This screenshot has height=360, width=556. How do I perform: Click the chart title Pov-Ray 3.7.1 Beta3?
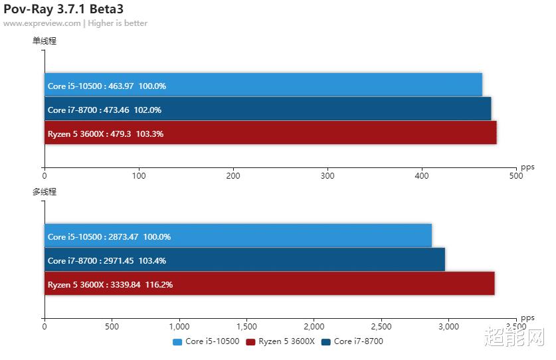(63, 9)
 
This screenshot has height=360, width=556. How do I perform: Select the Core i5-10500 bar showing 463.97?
(263, 86)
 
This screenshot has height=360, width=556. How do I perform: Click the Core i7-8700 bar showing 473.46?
(268, 110)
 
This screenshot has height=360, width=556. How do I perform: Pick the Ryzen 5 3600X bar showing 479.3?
(270, 134)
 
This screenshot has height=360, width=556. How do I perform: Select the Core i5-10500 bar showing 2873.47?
(238, 236)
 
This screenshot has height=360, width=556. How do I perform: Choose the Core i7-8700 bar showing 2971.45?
(244, 260)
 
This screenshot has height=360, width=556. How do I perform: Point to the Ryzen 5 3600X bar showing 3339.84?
(269, 284)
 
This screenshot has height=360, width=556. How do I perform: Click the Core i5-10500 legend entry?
(206, 341)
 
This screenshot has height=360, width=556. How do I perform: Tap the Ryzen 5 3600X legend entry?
(280, 341)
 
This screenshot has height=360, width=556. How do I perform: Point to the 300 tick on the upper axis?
(327, 176)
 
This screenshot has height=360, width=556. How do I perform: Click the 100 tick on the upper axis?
(139, 176)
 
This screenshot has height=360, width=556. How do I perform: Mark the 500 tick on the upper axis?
(515, 176)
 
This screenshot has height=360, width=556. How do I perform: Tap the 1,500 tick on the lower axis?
(246, 327)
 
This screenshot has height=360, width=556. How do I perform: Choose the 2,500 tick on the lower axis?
(381, 327)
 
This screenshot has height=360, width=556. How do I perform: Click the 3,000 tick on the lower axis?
(448, 327)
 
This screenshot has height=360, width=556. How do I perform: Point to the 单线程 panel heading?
(45, 41)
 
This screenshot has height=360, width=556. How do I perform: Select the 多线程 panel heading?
(45, 192)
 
